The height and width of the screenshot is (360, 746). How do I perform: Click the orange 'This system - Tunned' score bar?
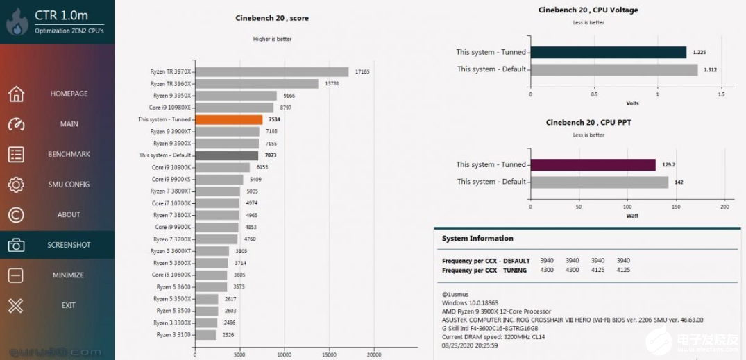tap(228, 119)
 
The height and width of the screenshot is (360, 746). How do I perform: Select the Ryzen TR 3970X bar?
tap(271, 71)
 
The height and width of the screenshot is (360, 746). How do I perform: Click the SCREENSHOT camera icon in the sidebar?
tap(16, 245)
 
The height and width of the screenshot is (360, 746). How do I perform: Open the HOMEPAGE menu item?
tap(69, 94)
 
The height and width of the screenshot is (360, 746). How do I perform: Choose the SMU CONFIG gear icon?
tap(16, 185)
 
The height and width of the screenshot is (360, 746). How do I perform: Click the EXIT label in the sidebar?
tap(69, 305)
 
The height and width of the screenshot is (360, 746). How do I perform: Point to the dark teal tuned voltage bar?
tap(608, 52)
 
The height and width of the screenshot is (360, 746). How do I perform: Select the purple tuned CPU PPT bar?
tap(593, 164)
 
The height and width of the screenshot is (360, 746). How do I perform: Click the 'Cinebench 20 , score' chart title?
tap(272, 18)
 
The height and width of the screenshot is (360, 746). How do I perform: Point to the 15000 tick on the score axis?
tap(330, 354)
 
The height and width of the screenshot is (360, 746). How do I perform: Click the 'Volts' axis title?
tap(632, 103)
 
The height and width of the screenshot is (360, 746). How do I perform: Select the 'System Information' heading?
tap(477, 239)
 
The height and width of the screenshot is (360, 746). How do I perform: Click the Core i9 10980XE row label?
tap(170, 108)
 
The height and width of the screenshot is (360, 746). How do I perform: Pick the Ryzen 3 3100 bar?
tap(205, 335)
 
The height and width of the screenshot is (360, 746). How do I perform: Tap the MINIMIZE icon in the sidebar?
tap(16, 275)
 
